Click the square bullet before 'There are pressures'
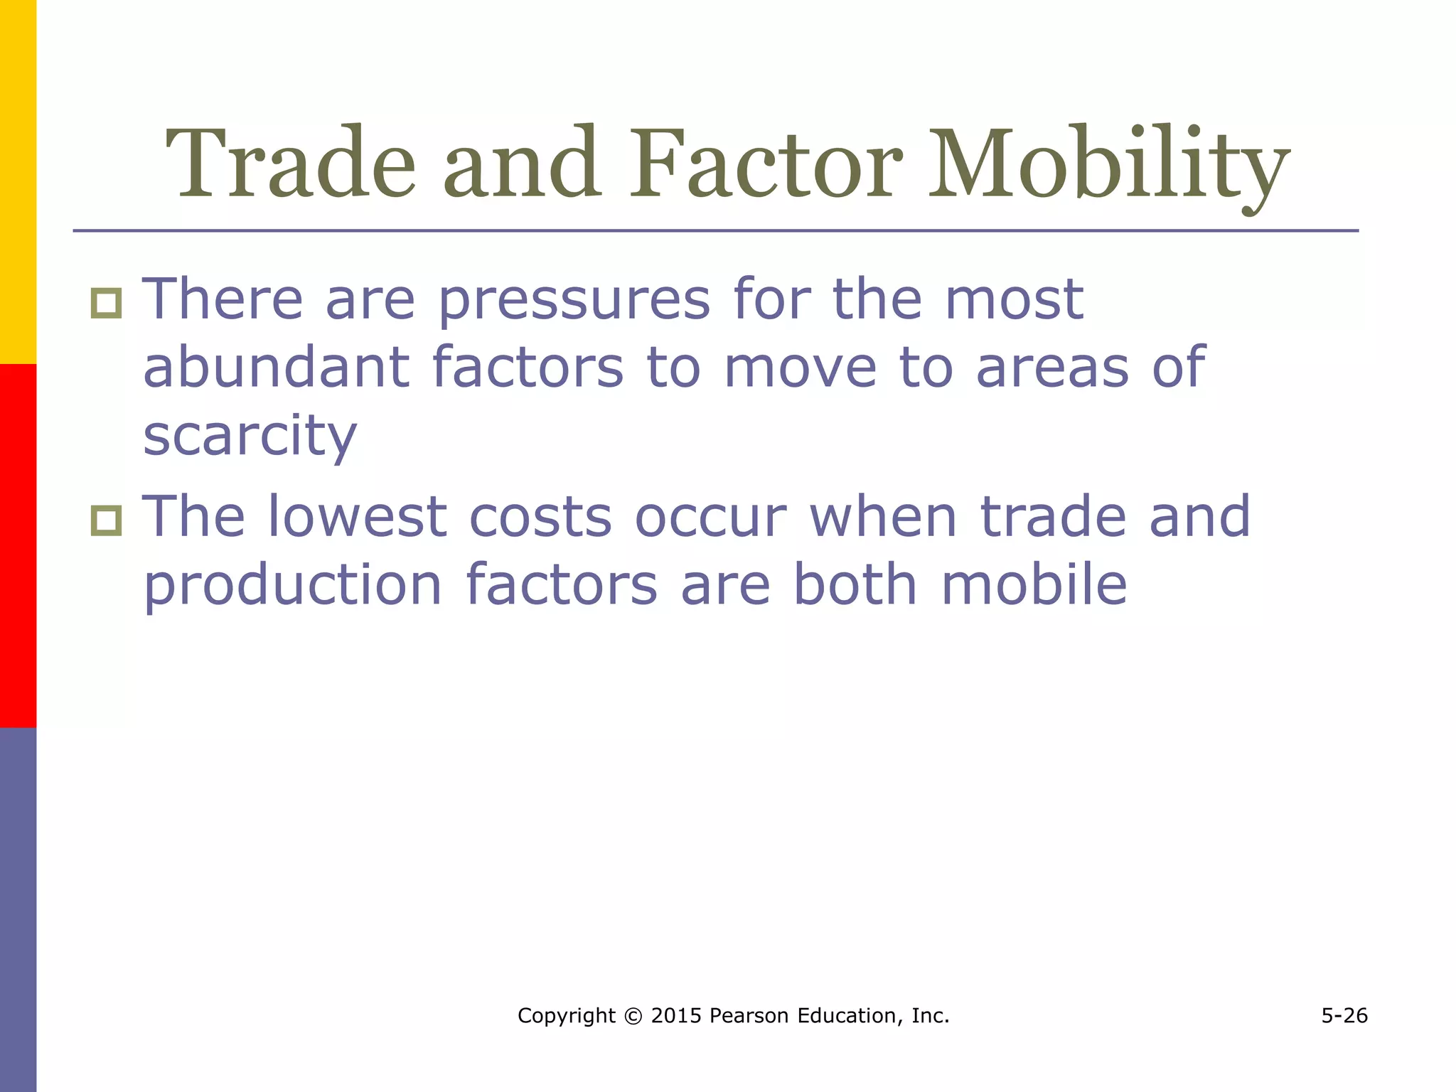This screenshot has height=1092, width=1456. [x=107, y=304]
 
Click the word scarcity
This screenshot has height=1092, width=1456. [x=250, y=437]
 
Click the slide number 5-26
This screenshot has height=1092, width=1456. [x=1344, y=1016]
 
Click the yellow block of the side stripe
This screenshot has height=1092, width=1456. [x=18, y=181]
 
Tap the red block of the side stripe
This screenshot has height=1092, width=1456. [x=18, y=545]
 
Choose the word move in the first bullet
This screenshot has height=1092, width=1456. [x=800, y=369]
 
